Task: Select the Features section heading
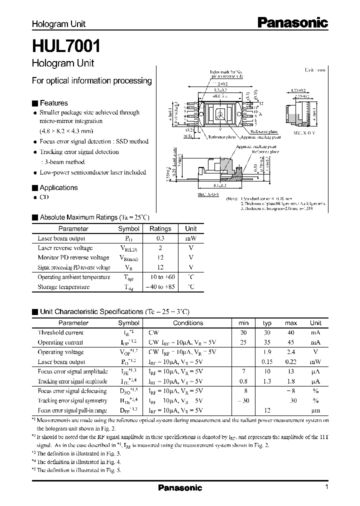[x=53, y=103]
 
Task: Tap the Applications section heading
[x=58, y=187]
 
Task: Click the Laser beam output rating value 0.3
[x=160, y=238]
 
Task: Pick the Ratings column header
[x=160, y=228]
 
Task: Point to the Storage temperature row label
[x=63, y=287]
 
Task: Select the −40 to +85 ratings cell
[x=160, y=287]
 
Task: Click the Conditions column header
[x=188, y=323]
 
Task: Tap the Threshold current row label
[x=61, y=332]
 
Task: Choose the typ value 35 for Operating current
[x=267, y=342]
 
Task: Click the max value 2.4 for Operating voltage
[x=291, y=352]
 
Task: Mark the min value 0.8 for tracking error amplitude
[x=243, y=381]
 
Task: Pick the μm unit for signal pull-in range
[x=315, y=410]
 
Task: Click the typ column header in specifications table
[x=267, y=323]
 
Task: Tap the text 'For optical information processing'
[x=91, y=80]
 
